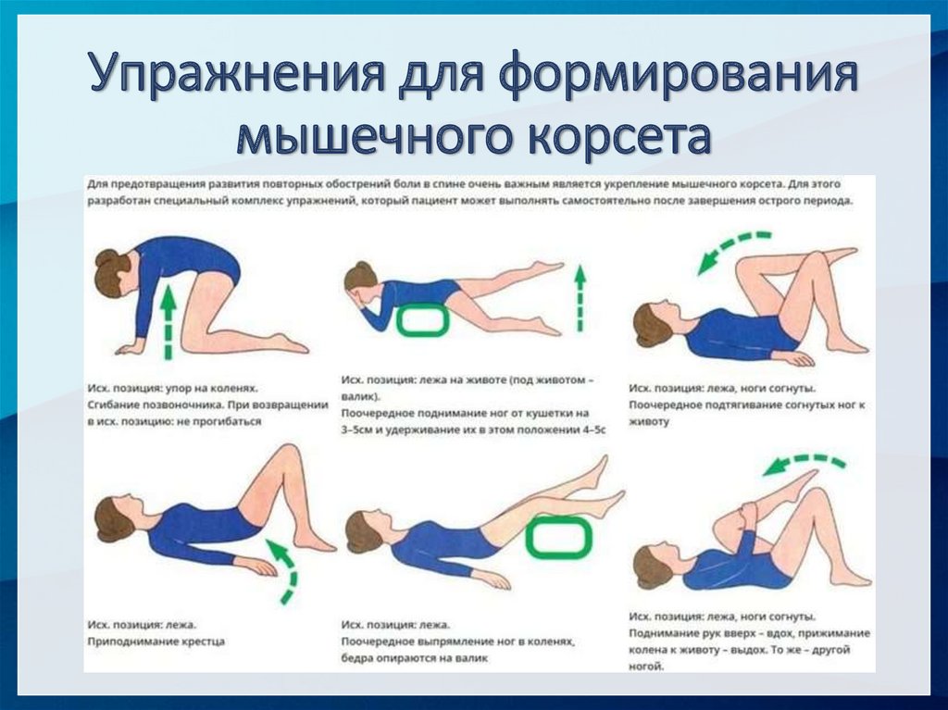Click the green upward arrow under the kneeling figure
click(x=168, y=322)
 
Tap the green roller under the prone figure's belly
click(x=422, y=320)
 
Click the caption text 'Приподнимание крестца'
click(x=156, y=641)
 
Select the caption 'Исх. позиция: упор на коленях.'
click(x=173, y=388)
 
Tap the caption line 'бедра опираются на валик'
click(x=414, y=658)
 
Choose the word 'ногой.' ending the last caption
click(x=646, y=666)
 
